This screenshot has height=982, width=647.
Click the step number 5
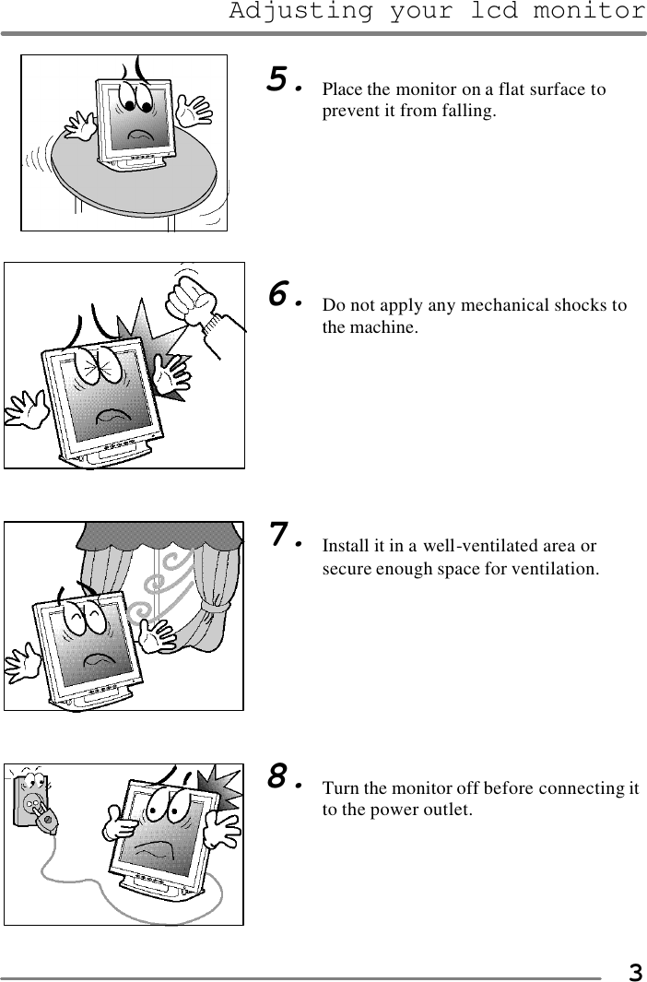[x=282, y=80]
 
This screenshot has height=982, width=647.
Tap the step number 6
[x=282, y=295]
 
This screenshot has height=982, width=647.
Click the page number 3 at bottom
[x=634, y=972]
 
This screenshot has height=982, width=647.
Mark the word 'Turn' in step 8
[x=339, y=788]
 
